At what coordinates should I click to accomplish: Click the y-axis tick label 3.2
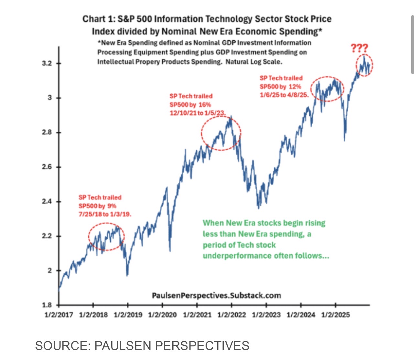47,63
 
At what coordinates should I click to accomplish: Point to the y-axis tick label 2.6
47,167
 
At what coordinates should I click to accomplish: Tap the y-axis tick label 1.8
47,305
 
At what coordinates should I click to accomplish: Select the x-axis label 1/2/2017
59,315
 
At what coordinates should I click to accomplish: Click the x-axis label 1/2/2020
162,315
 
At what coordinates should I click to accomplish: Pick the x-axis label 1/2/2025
335,315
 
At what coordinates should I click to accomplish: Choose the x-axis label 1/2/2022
231,315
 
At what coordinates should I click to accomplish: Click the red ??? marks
359,49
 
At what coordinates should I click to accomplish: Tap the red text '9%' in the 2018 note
112,206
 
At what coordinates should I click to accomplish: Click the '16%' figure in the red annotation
204,104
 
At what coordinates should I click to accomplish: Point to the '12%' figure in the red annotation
294,86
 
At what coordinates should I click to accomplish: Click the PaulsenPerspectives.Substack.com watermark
216,295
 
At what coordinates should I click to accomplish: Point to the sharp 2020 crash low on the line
170,250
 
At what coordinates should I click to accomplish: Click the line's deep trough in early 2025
345,140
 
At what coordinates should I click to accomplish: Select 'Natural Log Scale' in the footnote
253,61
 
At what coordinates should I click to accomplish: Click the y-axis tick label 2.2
47,236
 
